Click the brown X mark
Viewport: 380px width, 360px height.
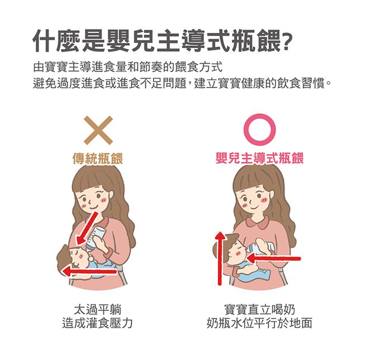coord(98,130)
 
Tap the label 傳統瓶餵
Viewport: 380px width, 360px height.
coord(98,159)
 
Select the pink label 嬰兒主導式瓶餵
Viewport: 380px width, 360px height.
coord(259,159)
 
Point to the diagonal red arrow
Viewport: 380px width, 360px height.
coord(87,228)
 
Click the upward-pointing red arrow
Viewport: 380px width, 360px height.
coord(220,258)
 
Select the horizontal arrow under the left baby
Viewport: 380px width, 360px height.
coord(89,271)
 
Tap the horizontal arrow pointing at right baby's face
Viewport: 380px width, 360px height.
coord(274,258)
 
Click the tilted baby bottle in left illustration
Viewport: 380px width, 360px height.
coord(96,238)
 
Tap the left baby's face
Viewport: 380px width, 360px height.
coord(78,257)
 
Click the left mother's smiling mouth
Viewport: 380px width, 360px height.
coord(93,207)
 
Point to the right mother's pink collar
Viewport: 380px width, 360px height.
coord(258,222)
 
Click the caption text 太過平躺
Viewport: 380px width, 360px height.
coord(98,310)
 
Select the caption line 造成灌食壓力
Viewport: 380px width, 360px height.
coord(97,323)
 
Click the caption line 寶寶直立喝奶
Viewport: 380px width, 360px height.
coord(259,310)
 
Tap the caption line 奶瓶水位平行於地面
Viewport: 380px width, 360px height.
coord(259,323)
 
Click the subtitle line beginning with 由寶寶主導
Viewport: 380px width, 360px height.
coord(128,68)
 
